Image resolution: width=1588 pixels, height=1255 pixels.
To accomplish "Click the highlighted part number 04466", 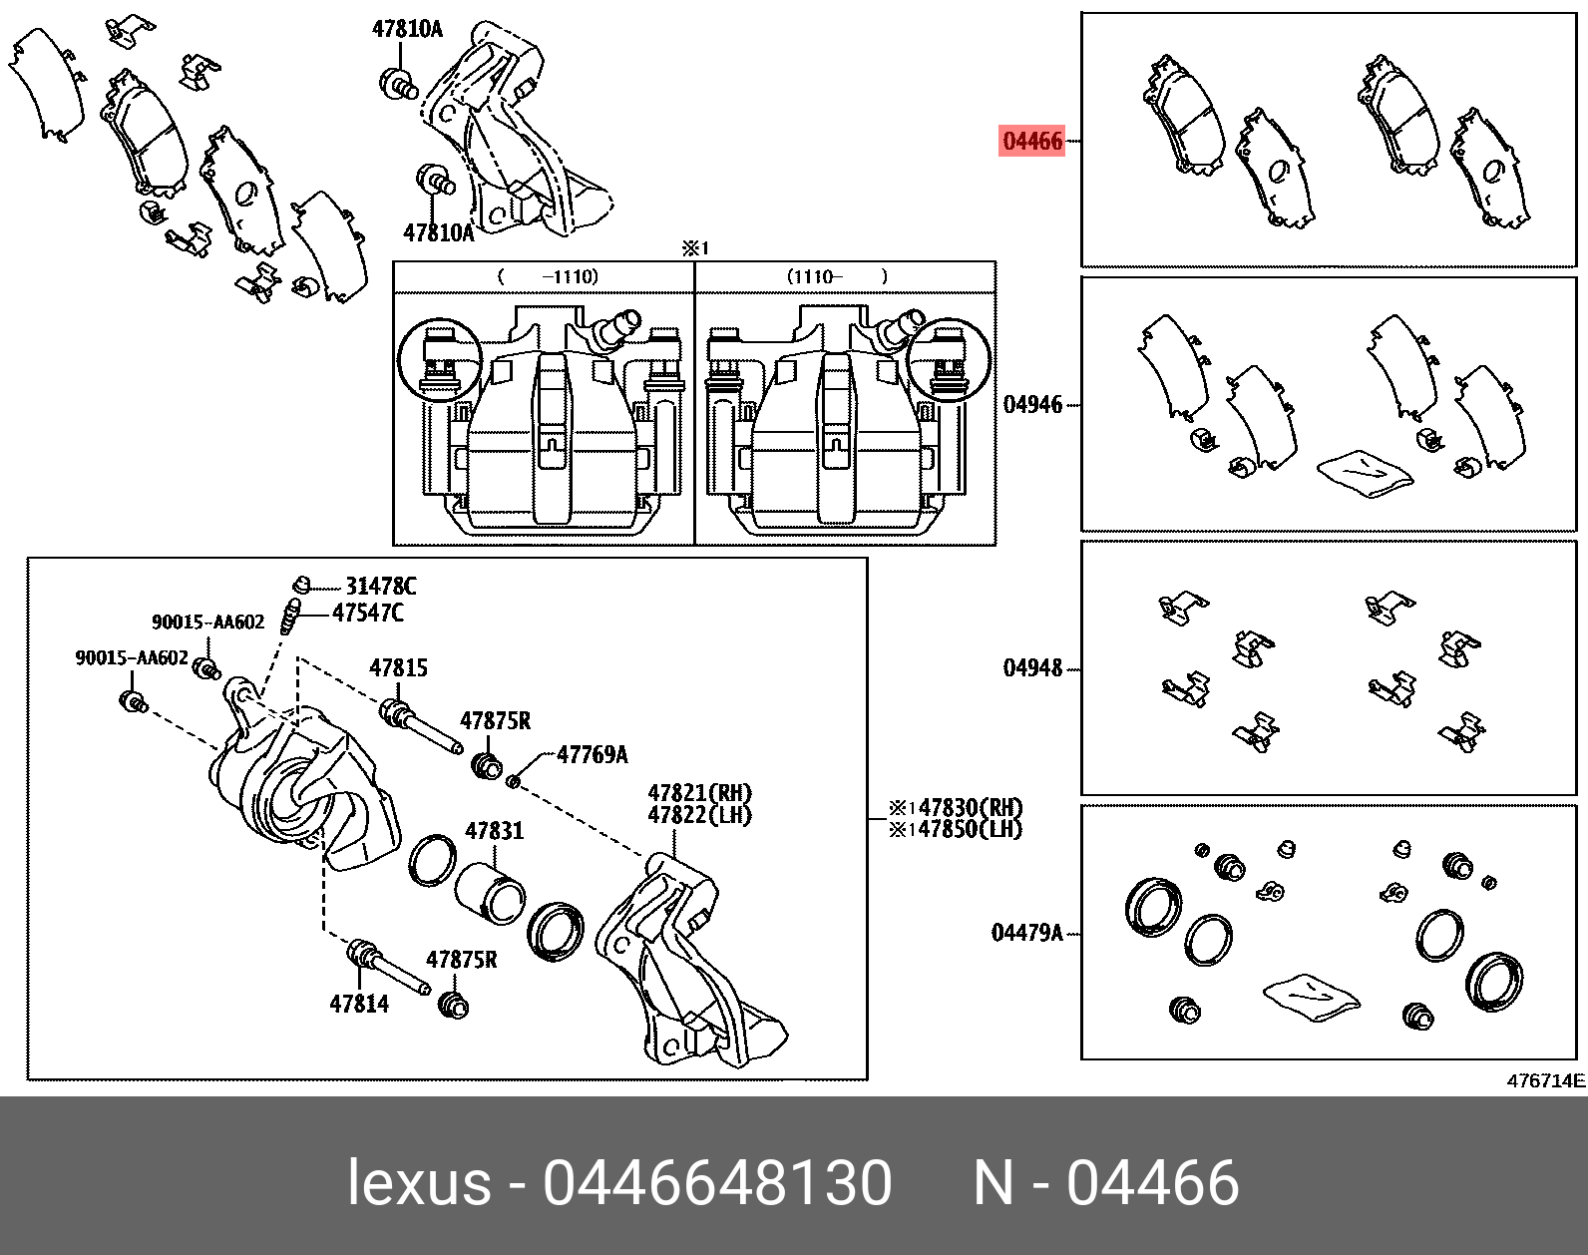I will [1032, 141].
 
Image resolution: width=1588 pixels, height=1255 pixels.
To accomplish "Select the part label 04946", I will [1032, 404].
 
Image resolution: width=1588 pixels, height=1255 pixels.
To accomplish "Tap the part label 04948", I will [1032, 667].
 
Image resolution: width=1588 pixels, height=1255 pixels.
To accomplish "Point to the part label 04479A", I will [1026, 933].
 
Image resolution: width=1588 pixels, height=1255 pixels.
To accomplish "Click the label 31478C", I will [380, 586].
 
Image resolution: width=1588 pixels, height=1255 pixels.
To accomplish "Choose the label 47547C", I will [368, 613].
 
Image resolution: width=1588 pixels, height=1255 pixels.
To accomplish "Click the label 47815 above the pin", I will [398, 667].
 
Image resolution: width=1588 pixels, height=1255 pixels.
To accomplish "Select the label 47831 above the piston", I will [494, 830].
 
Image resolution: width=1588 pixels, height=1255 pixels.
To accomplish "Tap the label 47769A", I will [593, 754].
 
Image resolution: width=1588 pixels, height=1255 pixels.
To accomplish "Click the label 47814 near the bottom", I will [359, 1004].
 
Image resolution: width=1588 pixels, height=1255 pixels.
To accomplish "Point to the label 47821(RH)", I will [699, 793].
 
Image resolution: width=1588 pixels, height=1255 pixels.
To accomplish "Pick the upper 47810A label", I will [407, 29].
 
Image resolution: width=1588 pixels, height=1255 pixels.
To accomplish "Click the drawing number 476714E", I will [1545, 1080].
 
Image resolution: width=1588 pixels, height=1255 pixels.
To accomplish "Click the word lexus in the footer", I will [419, 1183].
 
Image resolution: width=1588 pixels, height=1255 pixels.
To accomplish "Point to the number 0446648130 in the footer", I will [716, 1183].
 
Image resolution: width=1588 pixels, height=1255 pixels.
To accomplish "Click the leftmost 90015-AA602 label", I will [132, 657].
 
